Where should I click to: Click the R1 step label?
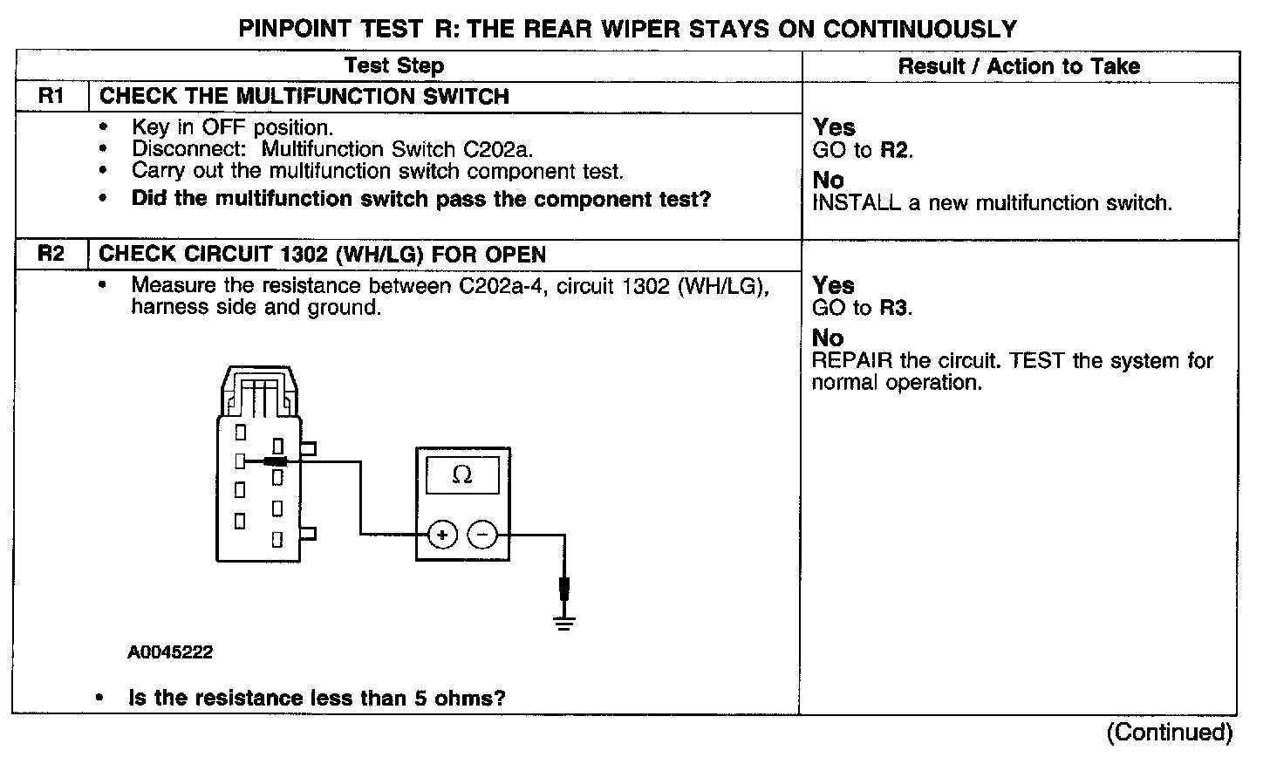point(51,96)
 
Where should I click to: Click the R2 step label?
point(51,255)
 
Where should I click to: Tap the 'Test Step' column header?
point(394,65)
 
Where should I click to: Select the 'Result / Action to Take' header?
point(1019,65)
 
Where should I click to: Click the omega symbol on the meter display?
point(462,475)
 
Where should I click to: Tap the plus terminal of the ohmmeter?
point(443,535)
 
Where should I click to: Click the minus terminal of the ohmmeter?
point(483,535)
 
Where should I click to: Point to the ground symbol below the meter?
point(564,622)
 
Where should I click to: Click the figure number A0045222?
point(170,652)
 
